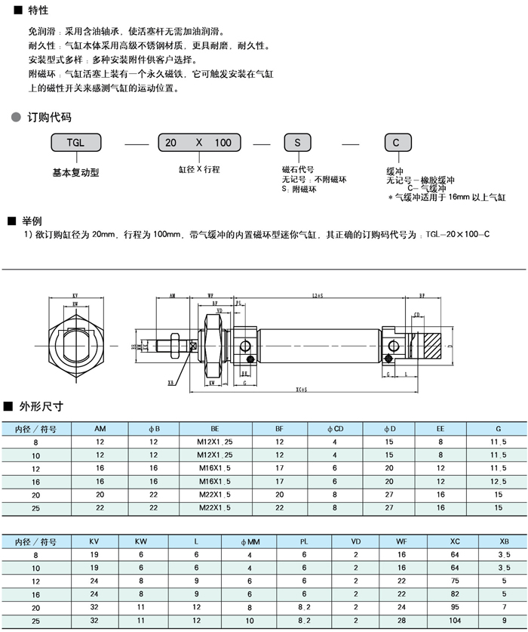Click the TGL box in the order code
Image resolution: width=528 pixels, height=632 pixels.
coord(75,143)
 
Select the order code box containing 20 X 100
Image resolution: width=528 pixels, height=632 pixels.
coord(199,143)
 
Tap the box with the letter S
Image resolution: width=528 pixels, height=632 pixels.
coord(297,143)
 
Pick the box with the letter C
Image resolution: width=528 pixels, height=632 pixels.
coord(398,143)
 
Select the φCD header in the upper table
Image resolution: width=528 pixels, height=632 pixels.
coord(336,429)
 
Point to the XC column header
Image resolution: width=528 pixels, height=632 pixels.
coord(454,541)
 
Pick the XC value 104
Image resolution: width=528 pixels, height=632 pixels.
coord(454,621)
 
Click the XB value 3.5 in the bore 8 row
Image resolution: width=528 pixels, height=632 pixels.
coord(504,554)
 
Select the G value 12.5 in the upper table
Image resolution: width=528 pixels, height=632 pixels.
coord(497,481)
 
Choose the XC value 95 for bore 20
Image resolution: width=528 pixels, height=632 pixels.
coord(454,608)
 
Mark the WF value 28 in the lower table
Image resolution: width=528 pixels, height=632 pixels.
coord(401,621)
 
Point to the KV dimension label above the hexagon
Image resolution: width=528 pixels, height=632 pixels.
coord(76,296)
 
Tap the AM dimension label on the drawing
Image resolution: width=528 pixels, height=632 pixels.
coord(172,296)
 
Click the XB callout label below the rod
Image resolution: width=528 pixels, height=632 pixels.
coord(171,382)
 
